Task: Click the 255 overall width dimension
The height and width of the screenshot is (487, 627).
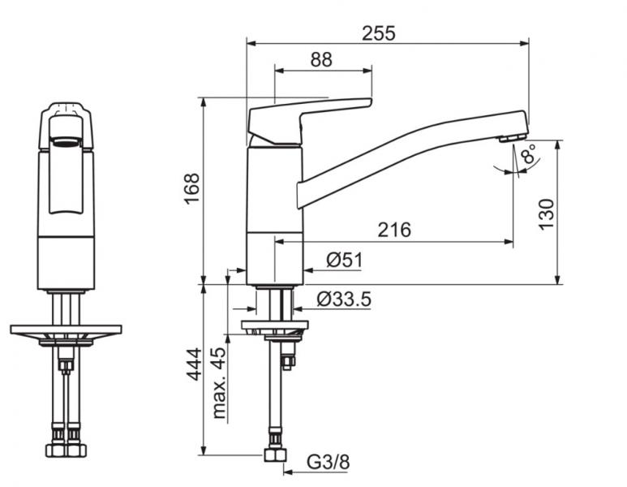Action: (x=379, y=33)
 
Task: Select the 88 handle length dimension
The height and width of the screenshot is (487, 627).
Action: (x=321, y=60)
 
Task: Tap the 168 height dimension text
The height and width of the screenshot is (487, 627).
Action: (x=191, y=189)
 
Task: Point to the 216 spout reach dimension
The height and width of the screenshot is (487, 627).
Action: (x=394, y=230)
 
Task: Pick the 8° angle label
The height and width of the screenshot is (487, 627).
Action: (x=529, y=155)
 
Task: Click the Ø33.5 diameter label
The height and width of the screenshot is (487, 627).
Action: (x=344, y=300)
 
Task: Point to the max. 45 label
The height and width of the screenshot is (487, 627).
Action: (x=219, y=384)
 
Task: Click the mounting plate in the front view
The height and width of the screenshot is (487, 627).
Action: (x=66, y=330)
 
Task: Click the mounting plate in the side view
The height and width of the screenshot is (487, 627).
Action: (x=275, y=326)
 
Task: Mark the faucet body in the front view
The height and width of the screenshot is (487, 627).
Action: (x=66, y=243)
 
